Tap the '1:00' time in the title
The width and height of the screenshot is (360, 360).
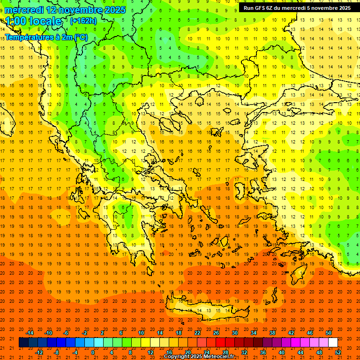point(16,21)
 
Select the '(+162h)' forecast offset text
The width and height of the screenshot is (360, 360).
point(83,21)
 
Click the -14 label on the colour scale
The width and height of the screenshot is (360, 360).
point(30,333)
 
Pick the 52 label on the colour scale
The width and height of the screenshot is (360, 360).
point(338,352)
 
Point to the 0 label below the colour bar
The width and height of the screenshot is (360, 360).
point(93,352)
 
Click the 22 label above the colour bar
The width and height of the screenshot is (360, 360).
point(197,333)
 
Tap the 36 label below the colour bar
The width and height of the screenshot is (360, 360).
point(263,352)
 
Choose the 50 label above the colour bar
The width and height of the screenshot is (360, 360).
point(328,333)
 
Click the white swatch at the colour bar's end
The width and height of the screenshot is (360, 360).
point(333,343)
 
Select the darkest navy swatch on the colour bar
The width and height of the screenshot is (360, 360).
point(23,343)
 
